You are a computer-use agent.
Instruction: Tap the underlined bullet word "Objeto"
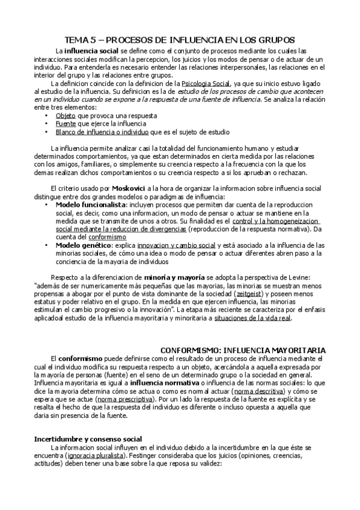[66, 114]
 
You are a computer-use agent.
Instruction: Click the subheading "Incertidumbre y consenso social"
[88, 439]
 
